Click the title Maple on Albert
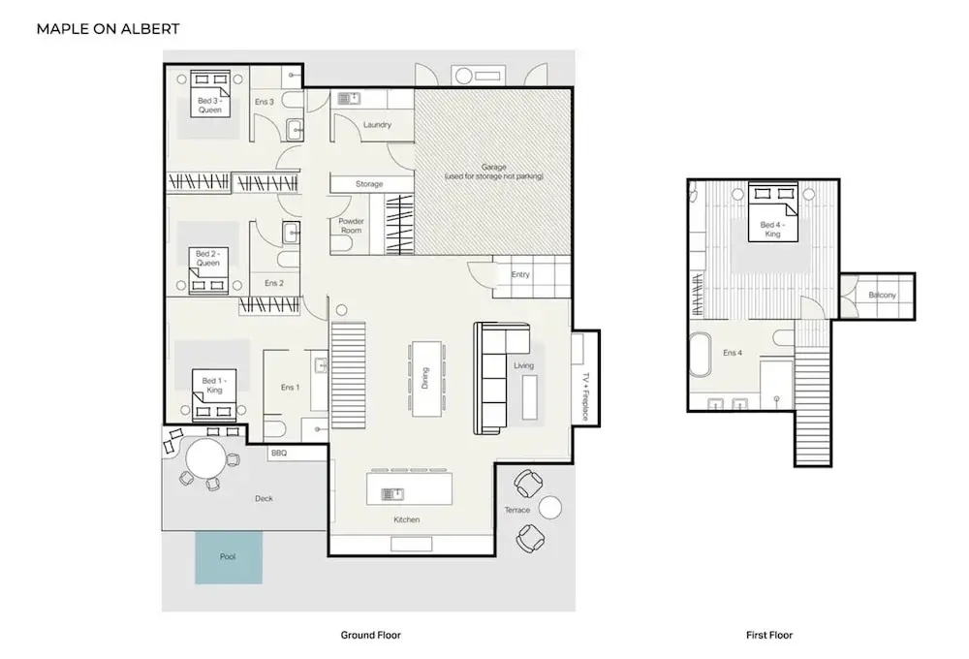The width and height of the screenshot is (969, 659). pyautogui.click(x=109, y=29)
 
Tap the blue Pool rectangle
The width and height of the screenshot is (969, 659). pyautogui.click(x=229, y=557)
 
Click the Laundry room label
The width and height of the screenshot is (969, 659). pyautogui.click(x=377, y=125)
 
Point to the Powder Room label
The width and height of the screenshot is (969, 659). pyautogui.click(x=351, y=226)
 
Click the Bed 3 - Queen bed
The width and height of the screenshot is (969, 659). pyautogui.click(x=210, y=94)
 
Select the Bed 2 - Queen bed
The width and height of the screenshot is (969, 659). pyautogui.click(x=208, y=270)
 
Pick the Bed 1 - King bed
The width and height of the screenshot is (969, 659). pyautogui.click(x=214, y=395)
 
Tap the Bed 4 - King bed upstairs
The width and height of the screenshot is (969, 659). pyautogui.click(x=772, y=211)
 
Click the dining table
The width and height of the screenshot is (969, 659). pyautogui.click(x=425, y=378)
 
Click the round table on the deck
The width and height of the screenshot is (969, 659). pyautogui.click(x=204, y=458)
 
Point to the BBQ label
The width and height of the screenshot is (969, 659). pyautogui.click(x=279, y=454)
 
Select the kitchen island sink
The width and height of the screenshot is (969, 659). pyautogui.click(x=392, y=494)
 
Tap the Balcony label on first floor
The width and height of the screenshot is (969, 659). pyautogui.click(x=882, y=295)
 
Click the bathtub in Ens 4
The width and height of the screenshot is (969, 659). pyautogui.click(x=701, y=355)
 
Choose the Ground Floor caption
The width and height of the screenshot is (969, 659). pyautogui.click(x=371, y=635)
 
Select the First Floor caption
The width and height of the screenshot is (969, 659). pyautogui.click(x=769, y=635)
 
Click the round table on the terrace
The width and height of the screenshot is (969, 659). pyautogui.click(x=550, y=507)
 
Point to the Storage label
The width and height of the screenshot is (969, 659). pyautogui.click(x=369, y=184)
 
